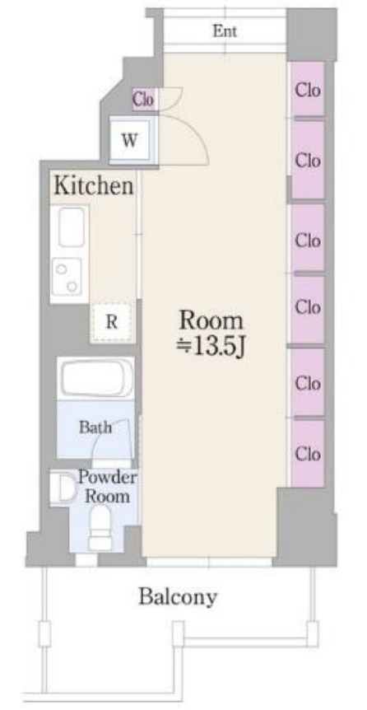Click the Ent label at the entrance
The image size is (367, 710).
[x=225, y=31]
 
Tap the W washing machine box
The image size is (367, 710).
[x=129, y=140]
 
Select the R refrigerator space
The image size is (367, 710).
[x=112, y=322]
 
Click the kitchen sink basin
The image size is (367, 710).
[x=72, y=227]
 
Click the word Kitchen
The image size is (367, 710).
[x=94, y=186]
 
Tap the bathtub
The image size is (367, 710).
[x=96, y=377]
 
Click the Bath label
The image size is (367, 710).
[x=95, y=427]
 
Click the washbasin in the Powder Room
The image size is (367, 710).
[x=65, y=488]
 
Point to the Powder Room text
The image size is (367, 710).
[x=107, y=486]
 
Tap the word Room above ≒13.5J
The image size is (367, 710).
[x=211, y=320]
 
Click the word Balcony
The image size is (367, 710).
[x=178, y=598]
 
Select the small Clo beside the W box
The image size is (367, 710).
[x=143, y=99]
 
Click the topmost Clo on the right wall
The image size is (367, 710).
[x=308, y=90]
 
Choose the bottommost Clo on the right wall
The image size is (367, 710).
[x=308, y=453]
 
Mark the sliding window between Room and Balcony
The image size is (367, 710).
[x=209, y=563]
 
